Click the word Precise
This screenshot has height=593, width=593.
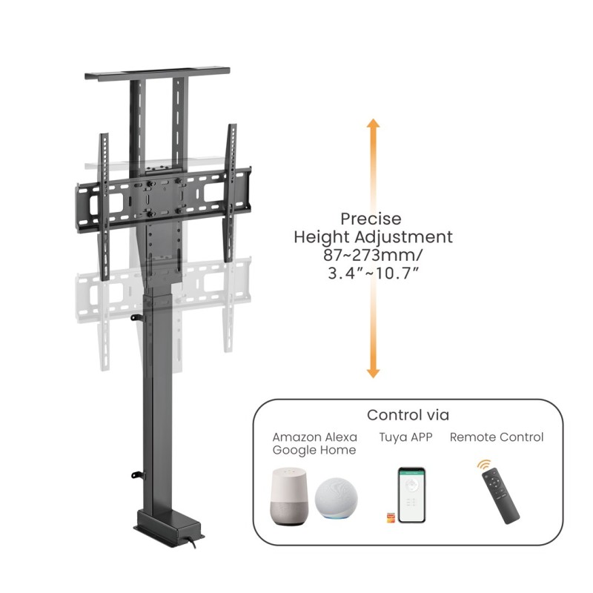point(371,219)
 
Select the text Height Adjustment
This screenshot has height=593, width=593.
point(373,238)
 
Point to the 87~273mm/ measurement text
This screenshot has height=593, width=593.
point(373,256)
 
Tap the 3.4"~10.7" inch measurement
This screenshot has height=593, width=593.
point(373,274)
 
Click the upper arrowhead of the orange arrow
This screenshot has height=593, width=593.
point(373,125)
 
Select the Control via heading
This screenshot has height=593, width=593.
point(408,415)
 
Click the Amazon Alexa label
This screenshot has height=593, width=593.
point(314,437)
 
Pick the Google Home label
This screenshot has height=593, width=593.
point(314,451)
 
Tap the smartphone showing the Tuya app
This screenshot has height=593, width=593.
point(411,495)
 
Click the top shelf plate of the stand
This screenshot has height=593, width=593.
point(160,76)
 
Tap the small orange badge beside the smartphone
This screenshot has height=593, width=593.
point(390,517)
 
